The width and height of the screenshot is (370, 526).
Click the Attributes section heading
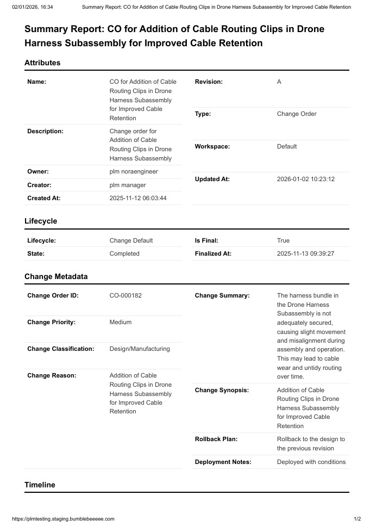click(x=42, y=63)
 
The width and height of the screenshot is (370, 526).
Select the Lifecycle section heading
click(x=41, y=221)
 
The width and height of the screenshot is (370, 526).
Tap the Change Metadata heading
click(x=56, y=276)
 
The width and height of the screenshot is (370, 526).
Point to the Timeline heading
click(x=40, y=485)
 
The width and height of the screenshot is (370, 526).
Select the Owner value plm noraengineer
click(x=134, y=171)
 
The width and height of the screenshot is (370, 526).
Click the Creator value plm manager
click(x=128, y=185)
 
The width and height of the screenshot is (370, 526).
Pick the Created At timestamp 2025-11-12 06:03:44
click(x=138, y=198)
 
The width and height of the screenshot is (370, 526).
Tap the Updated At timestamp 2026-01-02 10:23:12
click(x=305, y=179)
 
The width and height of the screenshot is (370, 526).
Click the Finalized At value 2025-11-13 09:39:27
click(x=305, y=253)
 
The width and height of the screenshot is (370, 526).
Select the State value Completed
click(x=124, y=253)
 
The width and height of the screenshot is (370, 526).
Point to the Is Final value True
click(x=283, y=240)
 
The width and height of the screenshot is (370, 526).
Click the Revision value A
click(x=279, y=82)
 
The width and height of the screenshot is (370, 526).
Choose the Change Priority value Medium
click(x=121, y=322)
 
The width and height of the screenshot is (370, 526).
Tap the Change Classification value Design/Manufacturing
click(x=140, y=349)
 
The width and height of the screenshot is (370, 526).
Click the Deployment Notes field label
click(x=223, y=462)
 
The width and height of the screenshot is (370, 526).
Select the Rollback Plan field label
click(x=216, y=439)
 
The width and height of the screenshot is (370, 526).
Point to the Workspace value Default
click(x=287, y=146)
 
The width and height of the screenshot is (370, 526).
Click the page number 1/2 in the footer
click(x=357, y=519)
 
